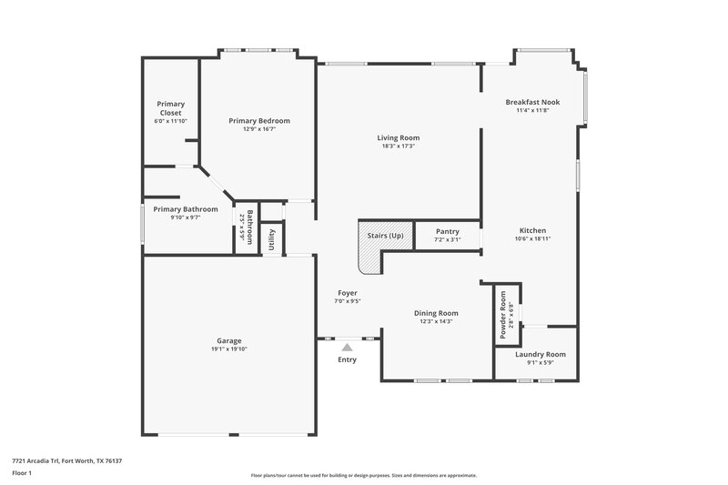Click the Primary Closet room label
tap(169, 108)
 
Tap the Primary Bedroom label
tap(259, 121)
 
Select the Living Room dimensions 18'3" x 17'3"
tap(399, 147)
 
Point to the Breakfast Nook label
tap(532, 102)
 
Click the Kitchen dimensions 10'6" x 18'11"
tap(532, 238)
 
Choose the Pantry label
tap(447, 231)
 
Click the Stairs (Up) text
tap(385, 236)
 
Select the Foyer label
tap(347, 293)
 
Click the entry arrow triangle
tap(347, 346)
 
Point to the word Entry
tap(347, 359)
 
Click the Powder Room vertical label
tap(501, 314)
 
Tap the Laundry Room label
tap(540, 354)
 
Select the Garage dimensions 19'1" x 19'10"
tap(228, 349)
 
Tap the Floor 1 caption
tap(22, 474)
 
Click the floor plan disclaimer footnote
tap(364, 475)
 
